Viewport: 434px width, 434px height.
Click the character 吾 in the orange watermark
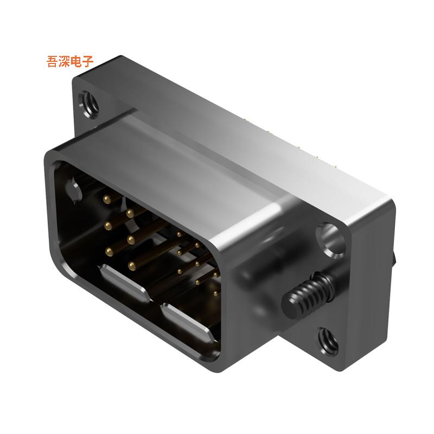click(53, 62)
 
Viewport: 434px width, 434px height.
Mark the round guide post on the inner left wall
click(72, 190)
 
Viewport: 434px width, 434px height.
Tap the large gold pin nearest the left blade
click(131, 265)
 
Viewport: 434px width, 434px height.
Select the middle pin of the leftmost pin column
click(107, 224)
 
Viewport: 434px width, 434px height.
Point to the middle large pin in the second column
click(130, 238)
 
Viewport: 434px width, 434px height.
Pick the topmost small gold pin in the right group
click(178, 234)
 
